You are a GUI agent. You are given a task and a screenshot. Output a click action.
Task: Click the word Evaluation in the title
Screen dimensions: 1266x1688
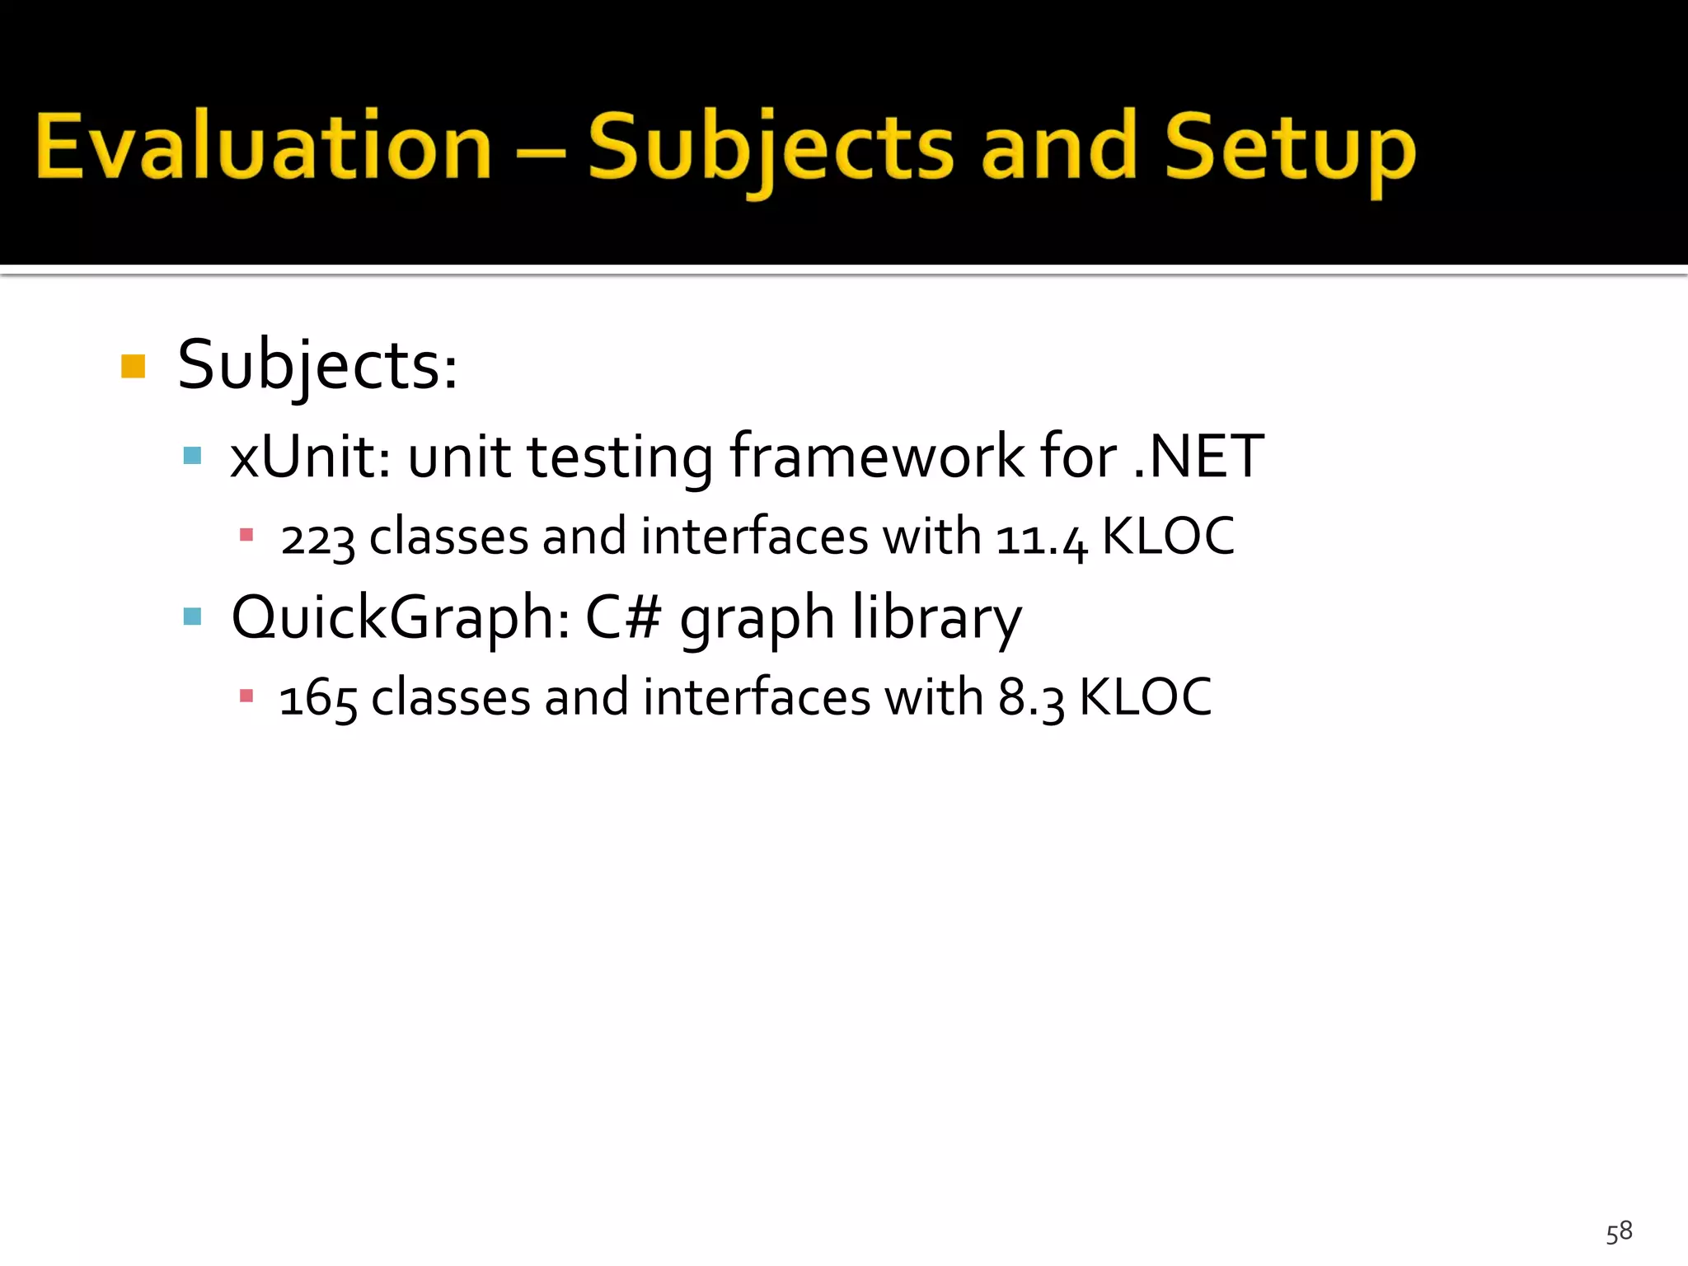pyautogui.click(x=264, y=147)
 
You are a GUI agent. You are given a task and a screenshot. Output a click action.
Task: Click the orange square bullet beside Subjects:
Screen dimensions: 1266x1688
pyautogui.click(x=133, y=366)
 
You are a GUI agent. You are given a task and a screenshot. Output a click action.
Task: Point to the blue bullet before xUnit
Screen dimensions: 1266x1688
pyautogui.click(x=193, y=456)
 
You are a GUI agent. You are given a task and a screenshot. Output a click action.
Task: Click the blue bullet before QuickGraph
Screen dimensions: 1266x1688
pyautogui.click(x=193, y=617)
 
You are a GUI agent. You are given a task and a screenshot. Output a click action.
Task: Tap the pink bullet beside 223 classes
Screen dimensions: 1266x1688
pyautogui.click(x=246, y=535)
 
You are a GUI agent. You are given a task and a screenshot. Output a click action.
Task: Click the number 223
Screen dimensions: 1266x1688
pyautogui.click(x=317, y=538)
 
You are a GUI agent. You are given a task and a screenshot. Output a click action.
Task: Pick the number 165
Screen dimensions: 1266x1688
pyautogui.click(x=317, y=699)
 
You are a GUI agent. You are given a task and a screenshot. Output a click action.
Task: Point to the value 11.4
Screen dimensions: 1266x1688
pyautogui.click(x=1041, y=538)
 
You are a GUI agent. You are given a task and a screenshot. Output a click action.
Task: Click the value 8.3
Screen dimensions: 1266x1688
pyautogui.click(x=1031, y=699)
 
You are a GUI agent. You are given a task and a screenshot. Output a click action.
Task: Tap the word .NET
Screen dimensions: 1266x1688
pyautogui.click(x=1198, y=456)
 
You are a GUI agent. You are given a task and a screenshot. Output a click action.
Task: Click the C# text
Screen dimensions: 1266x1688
pyautogui.click(x=623, y=617)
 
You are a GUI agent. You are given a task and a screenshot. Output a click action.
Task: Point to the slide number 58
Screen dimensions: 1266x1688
pyautogui.click(x=1619, y=1231)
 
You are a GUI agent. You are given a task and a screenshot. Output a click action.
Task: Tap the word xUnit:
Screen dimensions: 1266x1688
pyautogui.click(x=310, y=456)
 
